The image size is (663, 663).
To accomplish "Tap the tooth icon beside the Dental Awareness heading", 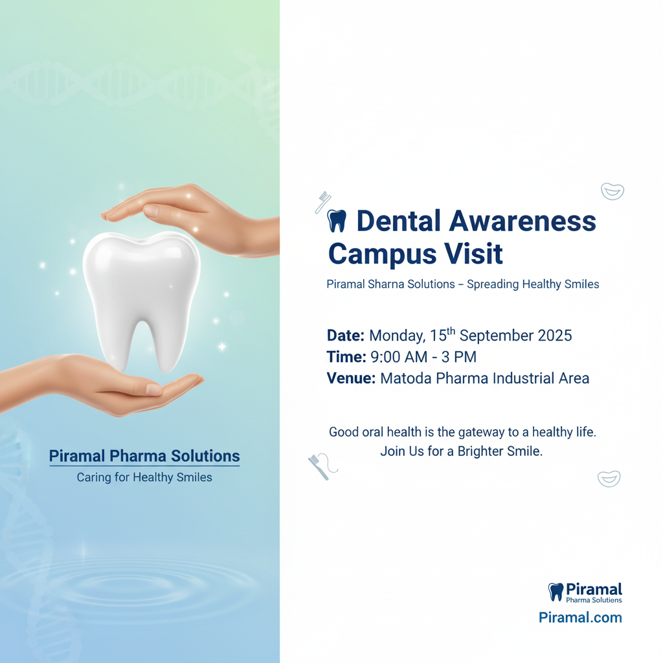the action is (337, 221).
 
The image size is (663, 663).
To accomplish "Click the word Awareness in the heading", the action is (523, 221).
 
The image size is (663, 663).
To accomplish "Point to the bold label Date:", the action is (346, 336).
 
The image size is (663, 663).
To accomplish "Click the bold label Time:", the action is (346, 357).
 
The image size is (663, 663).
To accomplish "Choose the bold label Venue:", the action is (351, 378).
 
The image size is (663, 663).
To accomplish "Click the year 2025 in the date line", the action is (554, 336).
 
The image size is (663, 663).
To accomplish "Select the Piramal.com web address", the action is (580, 617).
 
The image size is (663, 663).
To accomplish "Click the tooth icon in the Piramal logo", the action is (556, 592).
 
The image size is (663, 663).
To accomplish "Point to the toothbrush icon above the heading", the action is (323, 202).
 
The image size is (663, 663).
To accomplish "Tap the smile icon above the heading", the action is (612, 192).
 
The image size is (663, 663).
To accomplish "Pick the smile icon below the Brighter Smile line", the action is (609, 478).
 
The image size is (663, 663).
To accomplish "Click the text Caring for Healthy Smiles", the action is (144, 477).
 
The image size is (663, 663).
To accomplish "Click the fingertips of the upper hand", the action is (109, 216).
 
